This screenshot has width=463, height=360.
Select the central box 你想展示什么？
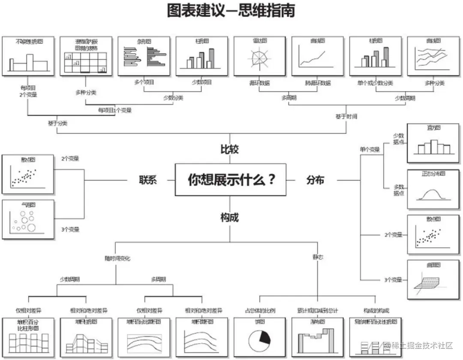231,179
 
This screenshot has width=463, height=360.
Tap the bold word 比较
229,150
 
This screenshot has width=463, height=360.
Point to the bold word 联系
147,180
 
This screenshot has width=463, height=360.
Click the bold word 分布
315,180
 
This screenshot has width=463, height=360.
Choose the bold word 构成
229,218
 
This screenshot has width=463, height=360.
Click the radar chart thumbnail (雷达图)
259,56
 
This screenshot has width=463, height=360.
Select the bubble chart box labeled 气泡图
28,219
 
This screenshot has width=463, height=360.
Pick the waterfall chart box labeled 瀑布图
317,337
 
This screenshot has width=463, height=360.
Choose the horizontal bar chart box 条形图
144,56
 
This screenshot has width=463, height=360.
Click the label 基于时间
346,116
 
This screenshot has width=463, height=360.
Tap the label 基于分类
57,123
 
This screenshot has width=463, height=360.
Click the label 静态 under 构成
318,257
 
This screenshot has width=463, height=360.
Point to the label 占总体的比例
260,310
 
